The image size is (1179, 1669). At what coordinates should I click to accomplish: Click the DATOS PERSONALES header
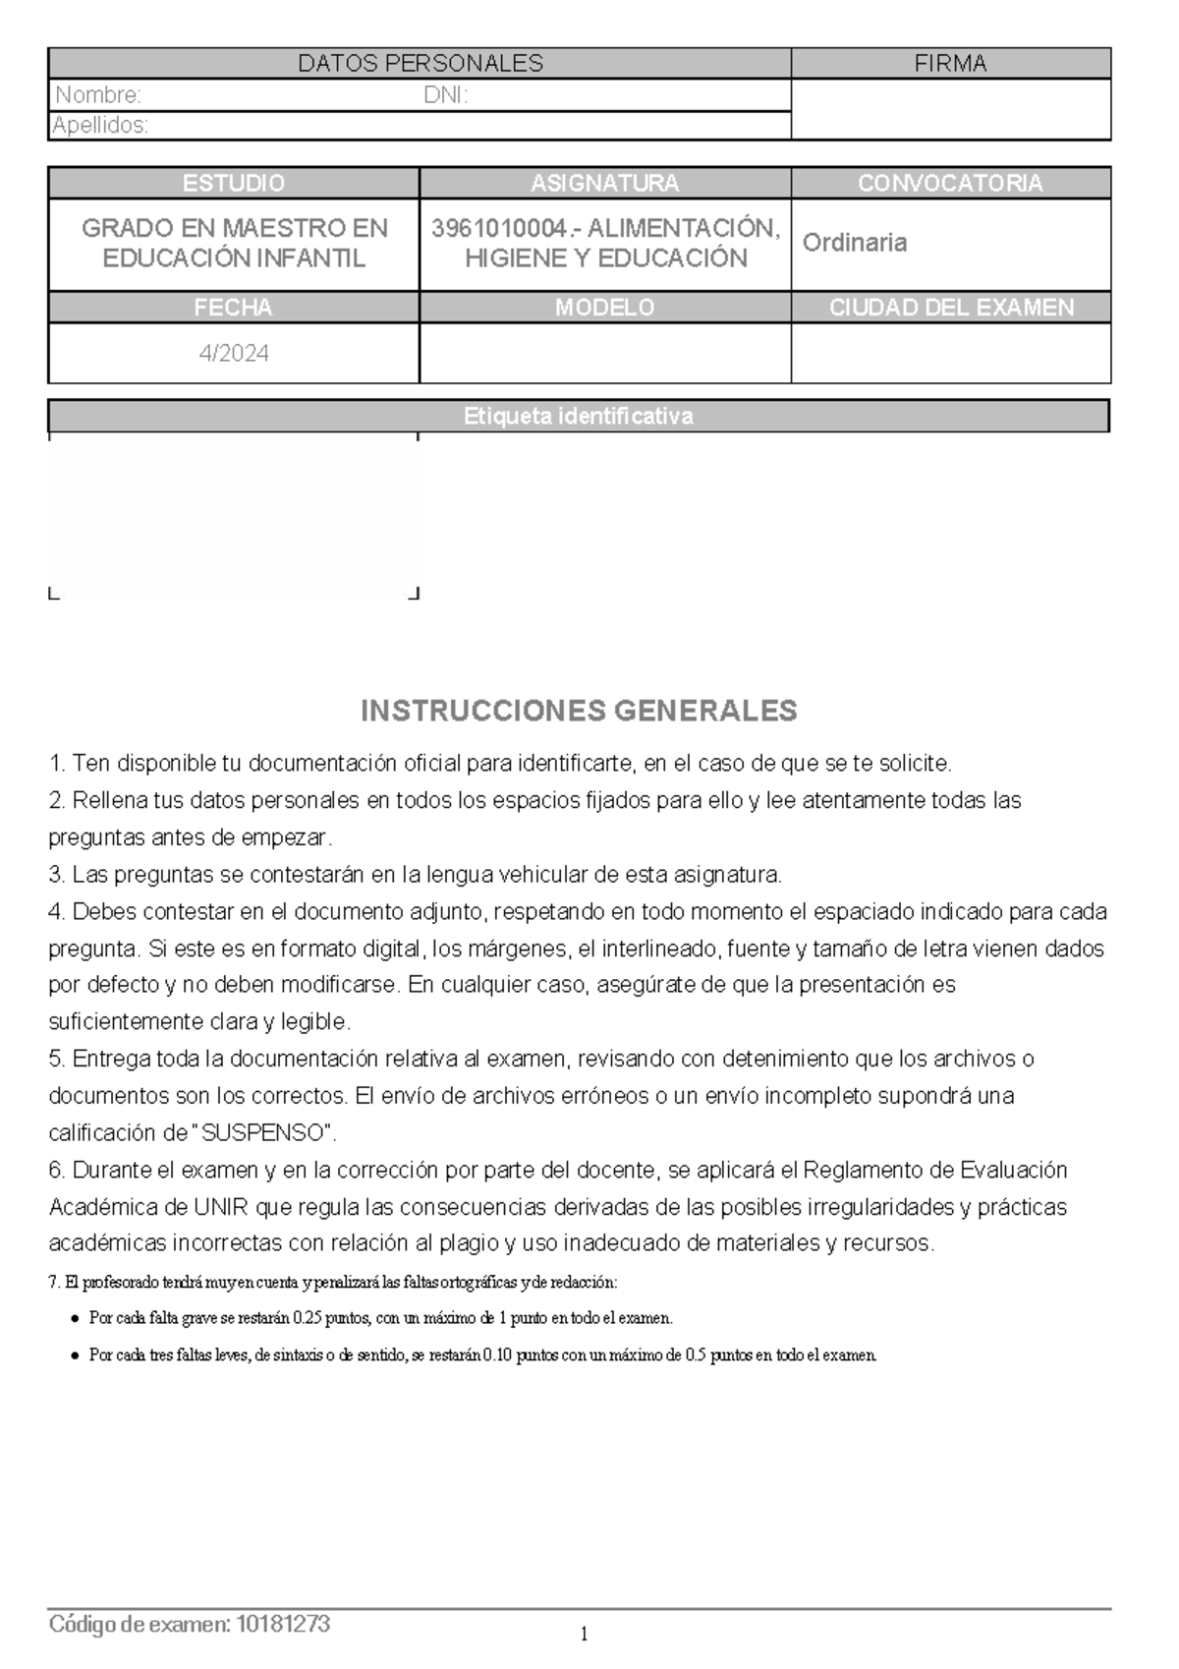(421, 64)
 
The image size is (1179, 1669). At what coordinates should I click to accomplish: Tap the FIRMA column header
(950, 64)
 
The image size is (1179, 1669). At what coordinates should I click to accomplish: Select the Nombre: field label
(98, 95)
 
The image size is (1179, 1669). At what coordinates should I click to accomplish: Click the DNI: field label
(445, 95)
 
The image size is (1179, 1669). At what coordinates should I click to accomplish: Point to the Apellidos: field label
(100, 125)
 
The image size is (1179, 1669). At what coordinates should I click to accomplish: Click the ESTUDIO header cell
(233, 183)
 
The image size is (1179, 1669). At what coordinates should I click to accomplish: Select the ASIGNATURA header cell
(604, 183)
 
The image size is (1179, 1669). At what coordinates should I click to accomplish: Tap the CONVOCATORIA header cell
(950, 183)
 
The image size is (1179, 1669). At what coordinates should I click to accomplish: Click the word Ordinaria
(854, 243)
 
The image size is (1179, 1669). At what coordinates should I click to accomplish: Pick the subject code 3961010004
(499, 228)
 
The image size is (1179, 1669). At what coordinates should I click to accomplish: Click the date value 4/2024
(234, 353)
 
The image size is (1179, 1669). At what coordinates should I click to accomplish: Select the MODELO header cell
(604, 308)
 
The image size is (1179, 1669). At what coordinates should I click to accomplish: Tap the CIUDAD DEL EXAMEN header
(950, 308)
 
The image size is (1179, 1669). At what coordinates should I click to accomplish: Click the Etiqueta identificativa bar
(578, 416)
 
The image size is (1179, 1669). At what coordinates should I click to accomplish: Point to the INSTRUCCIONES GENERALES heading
(579, 710)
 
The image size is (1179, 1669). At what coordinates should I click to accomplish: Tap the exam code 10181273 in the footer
(283, 1625)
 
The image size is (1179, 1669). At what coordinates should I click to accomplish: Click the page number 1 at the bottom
(584, 1636)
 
